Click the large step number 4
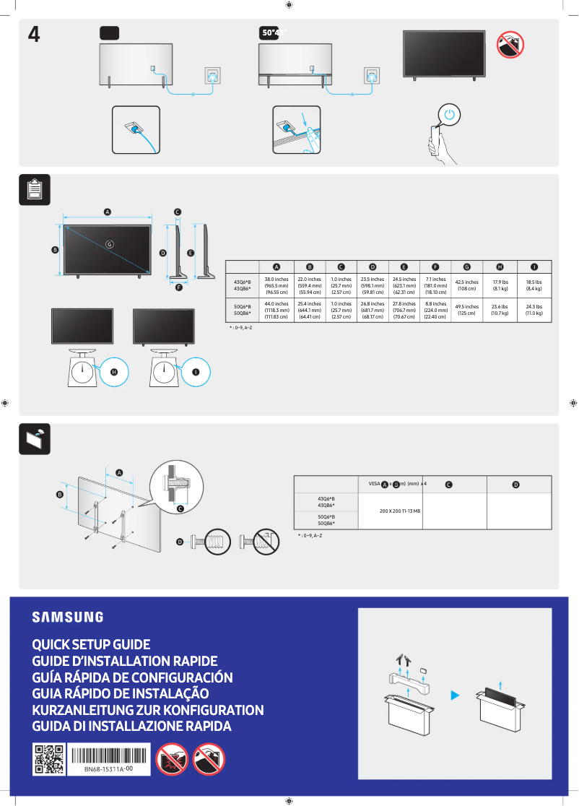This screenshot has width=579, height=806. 33,35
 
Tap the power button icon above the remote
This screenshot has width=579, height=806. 450,115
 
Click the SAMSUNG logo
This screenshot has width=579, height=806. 67,617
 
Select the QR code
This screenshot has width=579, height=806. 49,760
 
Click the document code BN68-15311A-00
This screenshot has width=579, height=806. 108,770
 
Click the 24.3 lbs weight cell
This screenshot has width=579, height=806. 534,310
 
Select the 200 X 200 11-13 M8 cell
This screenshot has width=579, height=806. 399,511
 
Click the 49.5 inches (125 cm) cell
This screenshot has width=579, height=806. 466,310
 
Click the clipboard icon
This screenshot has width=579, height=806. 34,189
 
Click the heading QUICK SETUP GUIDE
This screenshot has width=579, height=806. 91,644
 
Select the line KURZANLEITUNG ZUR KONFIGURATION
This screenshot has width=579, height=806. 148,710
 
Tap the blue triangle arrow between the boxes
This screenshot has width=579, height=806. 455,695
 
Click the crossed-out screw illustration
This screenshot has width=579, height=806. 261,541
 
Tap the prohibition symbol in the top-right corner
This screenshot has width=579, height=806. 510,45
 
